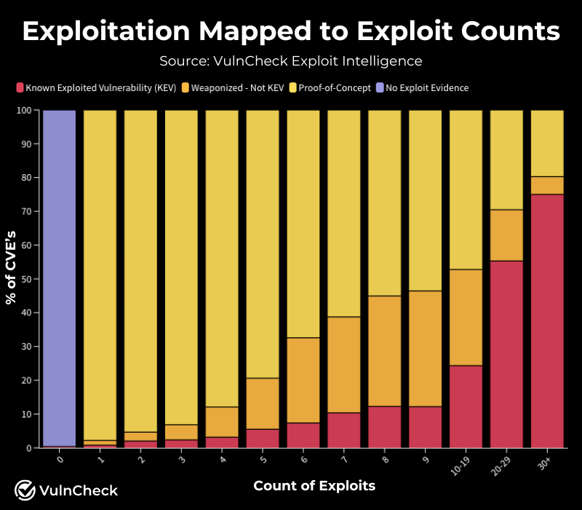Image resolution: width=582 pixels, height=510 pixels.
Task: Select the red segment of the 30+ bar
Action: tap(547, 321)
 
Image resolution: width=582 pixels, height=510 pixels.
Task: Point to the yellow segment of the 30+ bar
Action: tap(547, 144)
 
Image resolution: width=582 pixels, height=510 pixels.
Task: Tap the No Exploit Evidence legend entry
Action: tap(426, 88)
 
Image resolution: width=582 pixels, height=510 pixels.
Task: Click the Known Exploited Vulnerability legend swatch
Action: tap(20, 88)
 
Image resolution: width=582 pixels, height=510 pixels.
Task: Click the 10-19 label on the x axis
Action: tap(463, 466)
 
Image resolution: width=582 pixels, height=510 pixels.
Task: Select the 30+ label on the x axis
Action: tap(546, 464)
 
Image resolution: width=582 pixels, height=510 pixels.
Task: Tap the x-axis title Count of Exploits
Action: tap(314, 486)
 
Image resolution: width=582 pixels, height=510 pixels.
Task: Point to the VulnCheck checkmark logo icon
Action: tap(25, 490)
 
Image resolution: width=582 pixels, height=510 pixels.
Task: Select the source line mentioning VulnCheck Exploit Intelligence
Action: tap(291, 60)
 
